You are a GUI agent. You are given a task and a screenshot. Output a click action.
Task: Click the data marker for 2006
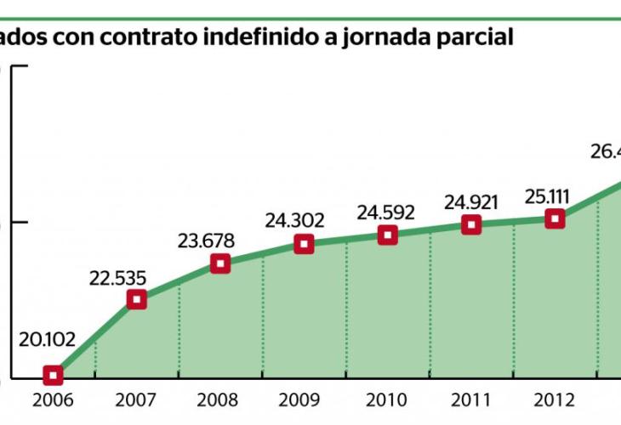tap(53, 375)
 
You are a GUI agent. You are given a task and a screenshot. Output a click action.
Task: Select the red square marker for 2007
tap(136, 298)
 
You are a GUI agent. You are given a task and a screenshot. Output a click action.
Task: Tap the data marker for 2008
tap(220, 263)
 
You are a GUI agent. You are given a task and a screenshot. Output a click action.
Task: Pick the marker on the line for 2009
tap(304, 245)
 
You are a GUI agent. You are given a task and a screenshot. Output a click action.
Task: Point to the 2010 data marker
tap(388, 235)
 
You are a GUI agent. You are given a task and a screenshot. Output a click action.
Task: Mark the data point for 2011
tap(471, 224)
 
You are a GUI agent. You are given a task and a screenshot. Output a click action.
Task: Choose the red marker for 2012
tap(555, 218)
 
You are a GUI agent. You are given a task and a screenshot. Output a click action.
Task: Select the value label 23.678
tap(205, 241)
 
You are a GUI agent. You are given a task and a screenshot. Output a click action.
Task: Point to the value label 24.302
tap(294, 221)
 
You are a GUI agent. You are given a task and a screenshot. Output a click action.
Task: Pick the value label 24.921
tap(470, 201)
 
